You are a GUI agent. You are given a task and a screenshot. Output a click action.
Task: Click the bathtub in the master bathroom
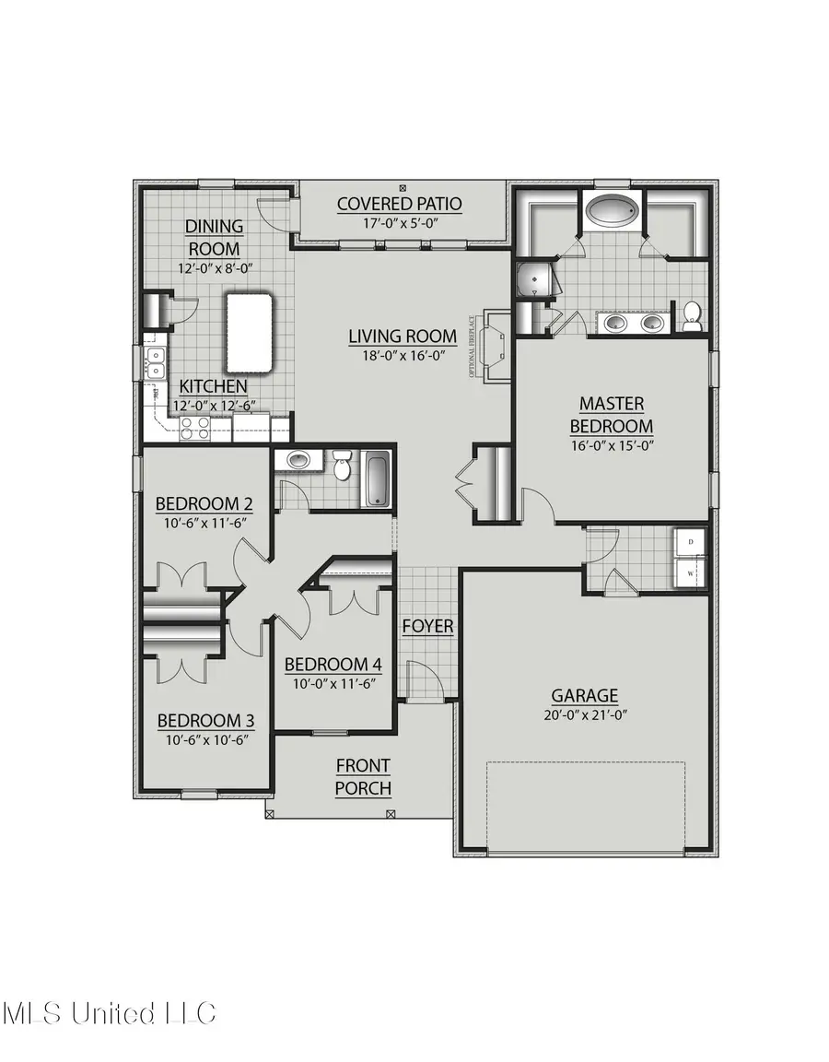point(612,211)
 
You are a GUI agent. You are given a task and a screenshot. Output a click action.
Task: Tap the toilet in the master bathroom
point(692,315)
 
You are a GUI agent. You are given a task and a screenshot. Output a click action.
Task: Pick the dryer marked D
point(690,542)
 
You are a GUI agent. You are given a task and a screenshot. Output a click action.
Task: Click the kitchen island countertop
point(249,332)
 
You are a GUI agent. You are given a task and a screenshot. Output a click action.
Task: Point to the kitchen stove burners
point(195,427)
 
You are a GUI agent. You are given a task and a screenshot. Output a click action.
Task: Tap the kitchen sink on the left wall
point(155,363)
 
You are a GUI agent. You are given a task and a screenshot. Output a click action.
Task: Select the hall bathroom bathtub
point(378,479)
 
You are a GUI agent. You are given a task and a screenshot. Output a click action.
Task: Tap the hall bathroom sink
point(298,459)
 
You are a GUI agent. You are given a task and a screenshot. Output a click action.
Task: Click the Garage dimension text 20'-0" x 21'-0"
point(585,715)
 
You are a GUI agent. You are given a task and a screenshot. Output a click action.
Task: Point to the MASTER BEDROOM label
point(612,415)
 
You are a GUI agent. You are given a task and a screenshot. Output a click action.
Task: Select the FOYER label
point(428,627)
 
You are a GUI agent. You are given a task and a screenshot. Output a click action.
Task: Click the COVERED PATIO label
point(399,204)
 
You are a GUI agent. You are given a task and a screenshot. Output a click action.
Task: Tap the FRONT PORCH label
point(363,776)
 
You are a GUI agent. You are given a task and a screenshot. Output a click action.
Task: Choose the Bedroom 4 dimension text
point(333,685)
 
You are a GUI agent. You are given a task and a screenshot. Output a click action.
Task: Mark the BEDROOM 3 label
point(204,720)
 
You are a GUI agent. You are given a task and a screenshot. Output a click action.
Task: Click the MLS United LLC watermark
point(109,1013)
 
